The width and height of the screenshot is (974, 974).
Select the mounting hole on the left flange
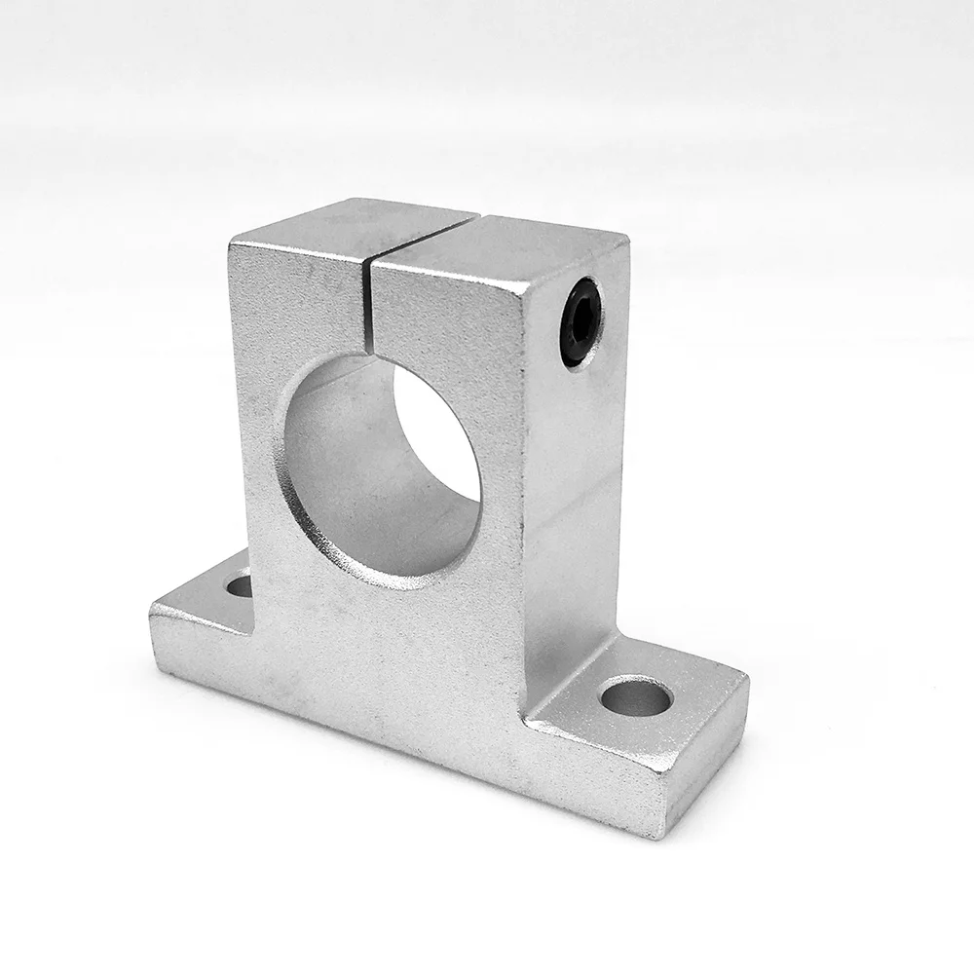[237, 586]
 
